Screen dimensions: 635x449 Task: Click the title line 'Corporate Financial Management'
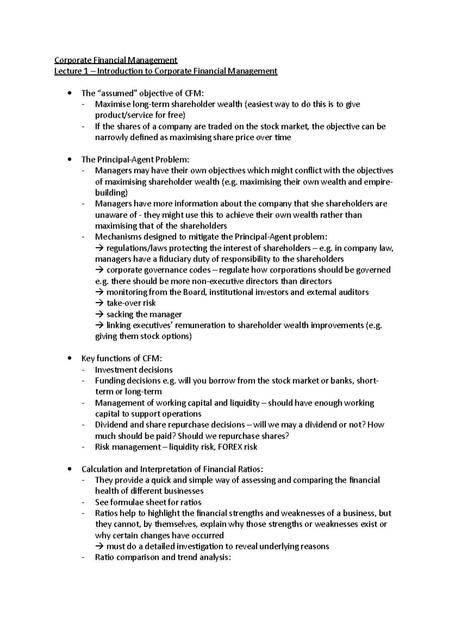tap(116, 60)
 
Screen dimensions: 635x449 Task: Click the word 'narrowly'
tap(111, 137)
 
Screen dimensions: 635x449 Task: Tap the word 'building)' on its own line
tap(111, 193)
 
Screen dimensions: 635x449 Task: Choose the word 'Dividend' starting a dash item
tap(111, 425)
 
